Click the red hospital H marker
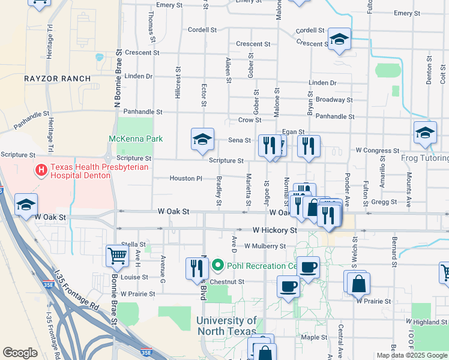pyautogui.click(x=41, y=171)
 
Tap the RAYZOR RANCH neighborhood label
pyautogui.click(x=58, y=79)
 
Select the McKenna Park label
pyautogui.click(x=136, y=139)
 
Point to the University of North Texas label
pyautogui.click(x=226, y=326)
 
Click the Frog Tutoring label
pyautogui.click(x=425, y=158)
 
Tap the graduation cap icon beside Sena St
pyautogui.click(x=203, y=139)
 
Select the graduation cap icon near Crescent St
pyautogui.click(x=339, y=40)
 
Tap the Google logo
pyautogui.click(x=20, y=353)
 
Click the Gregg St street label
pyautogui.click(x=384, y=202)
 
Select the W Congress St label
pyautogui.click(x=377, y=150)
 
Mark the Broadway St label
pyautogui.click(x=334, y=100)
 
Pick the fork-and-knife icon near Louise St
pyautogui.click(x=197, y=268)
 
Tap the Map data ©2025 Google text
pyautogui.click(x=412, y=355)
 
